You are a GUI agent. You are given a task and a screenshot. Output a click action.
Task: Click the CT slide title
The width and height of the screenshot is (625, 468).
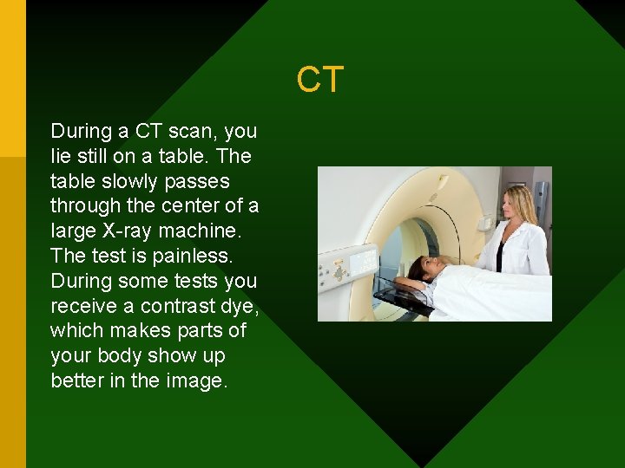(x=320, y=80)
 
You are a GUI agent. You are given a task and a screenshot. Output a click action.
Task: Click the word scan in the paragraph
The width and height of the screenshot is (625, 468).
(x=193, y=132)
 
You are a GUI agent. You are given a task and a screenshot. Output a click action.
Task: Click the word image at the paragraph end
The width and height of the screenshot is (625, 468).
(x=195, y=381)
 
